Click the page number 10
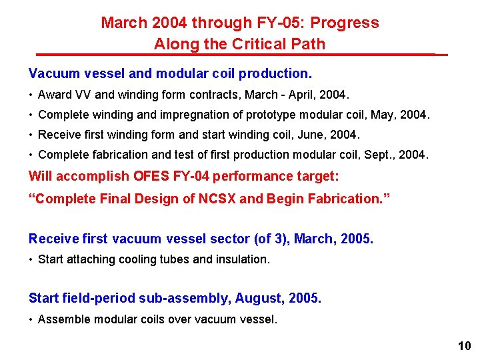464,345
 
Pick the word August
260,298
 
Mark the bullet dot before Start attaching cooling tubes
31,259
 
